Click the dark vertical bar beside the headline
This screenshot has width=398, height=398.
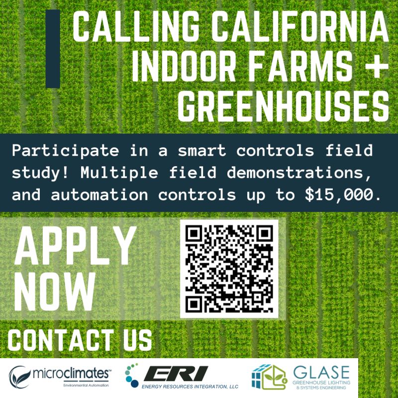53,49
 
